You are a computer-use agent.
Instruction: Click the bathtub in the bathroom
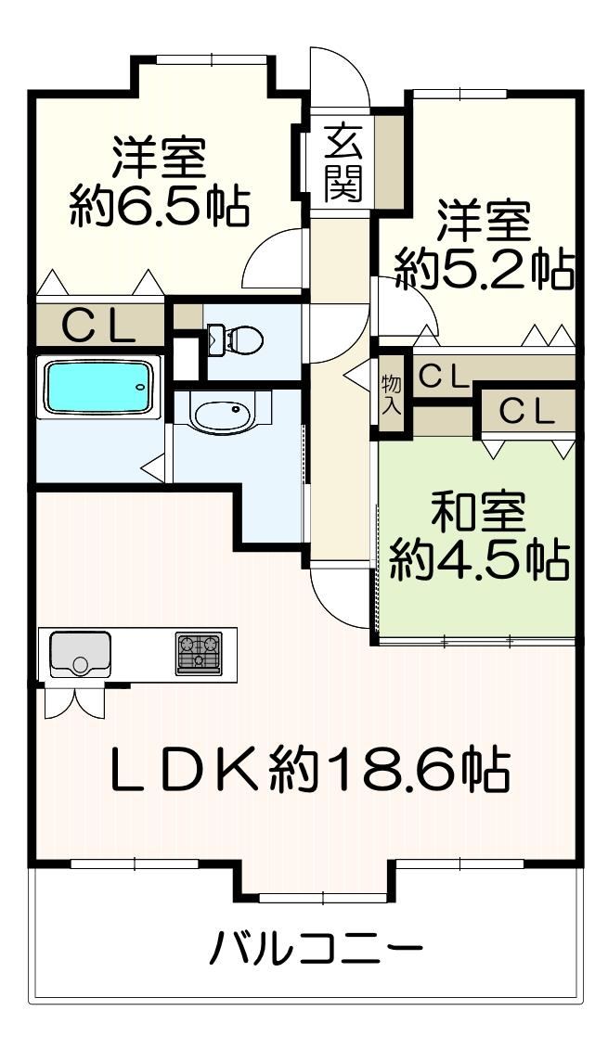97,387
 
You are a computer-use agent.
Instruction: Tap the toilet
236,339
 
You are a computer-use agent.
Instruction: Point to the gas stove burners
199,653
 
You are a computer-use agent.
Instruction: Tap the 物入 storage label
391,394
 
